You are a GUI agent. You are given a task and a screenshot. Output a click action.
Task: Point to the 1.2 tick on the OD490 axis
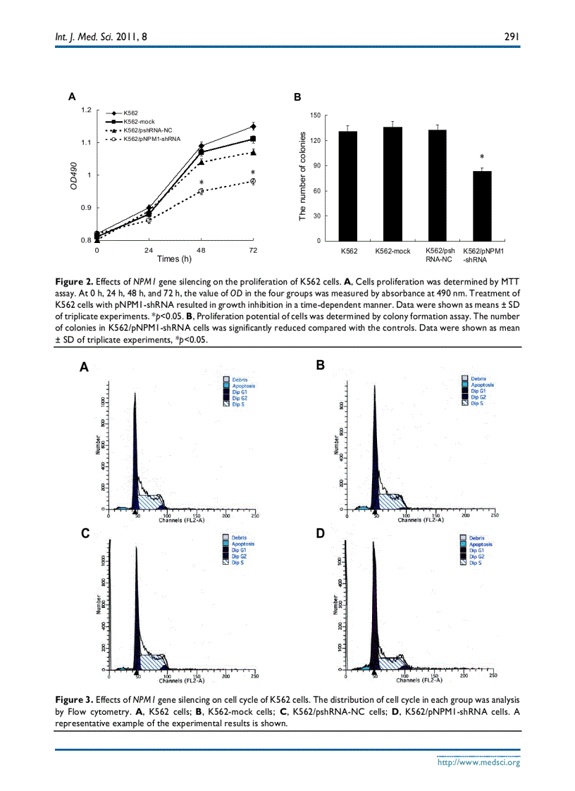pos(87,110)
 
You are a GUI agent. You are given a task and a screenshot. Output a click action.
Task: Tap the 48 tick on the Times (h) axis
pos(201,250)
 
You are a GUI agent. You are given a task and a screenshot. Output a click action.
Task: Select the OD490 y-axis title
pos(74,175)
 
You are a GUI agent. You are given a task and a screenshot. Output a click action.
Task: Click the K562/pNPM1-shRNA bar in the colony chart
pos(481,206)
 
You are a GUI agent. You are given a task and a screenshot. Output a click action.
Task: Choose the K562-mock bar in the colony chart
pos(392,184)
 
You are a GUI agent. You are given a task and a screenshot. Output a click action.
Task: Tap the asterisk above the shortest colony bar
pos(482,157)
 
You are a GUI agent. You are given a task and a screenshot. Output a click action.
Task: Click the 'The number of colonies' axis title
pos(302,175)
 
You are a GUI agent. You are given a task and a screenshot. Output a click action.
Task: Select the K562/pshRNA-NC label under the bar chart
pos(438,255)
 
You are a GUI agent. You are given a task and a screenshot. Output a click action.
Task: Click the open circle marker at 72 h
pos(252,181)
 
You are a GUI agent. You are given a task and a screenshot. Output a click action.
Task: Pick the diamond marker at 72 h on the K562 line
pos(252,127)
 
